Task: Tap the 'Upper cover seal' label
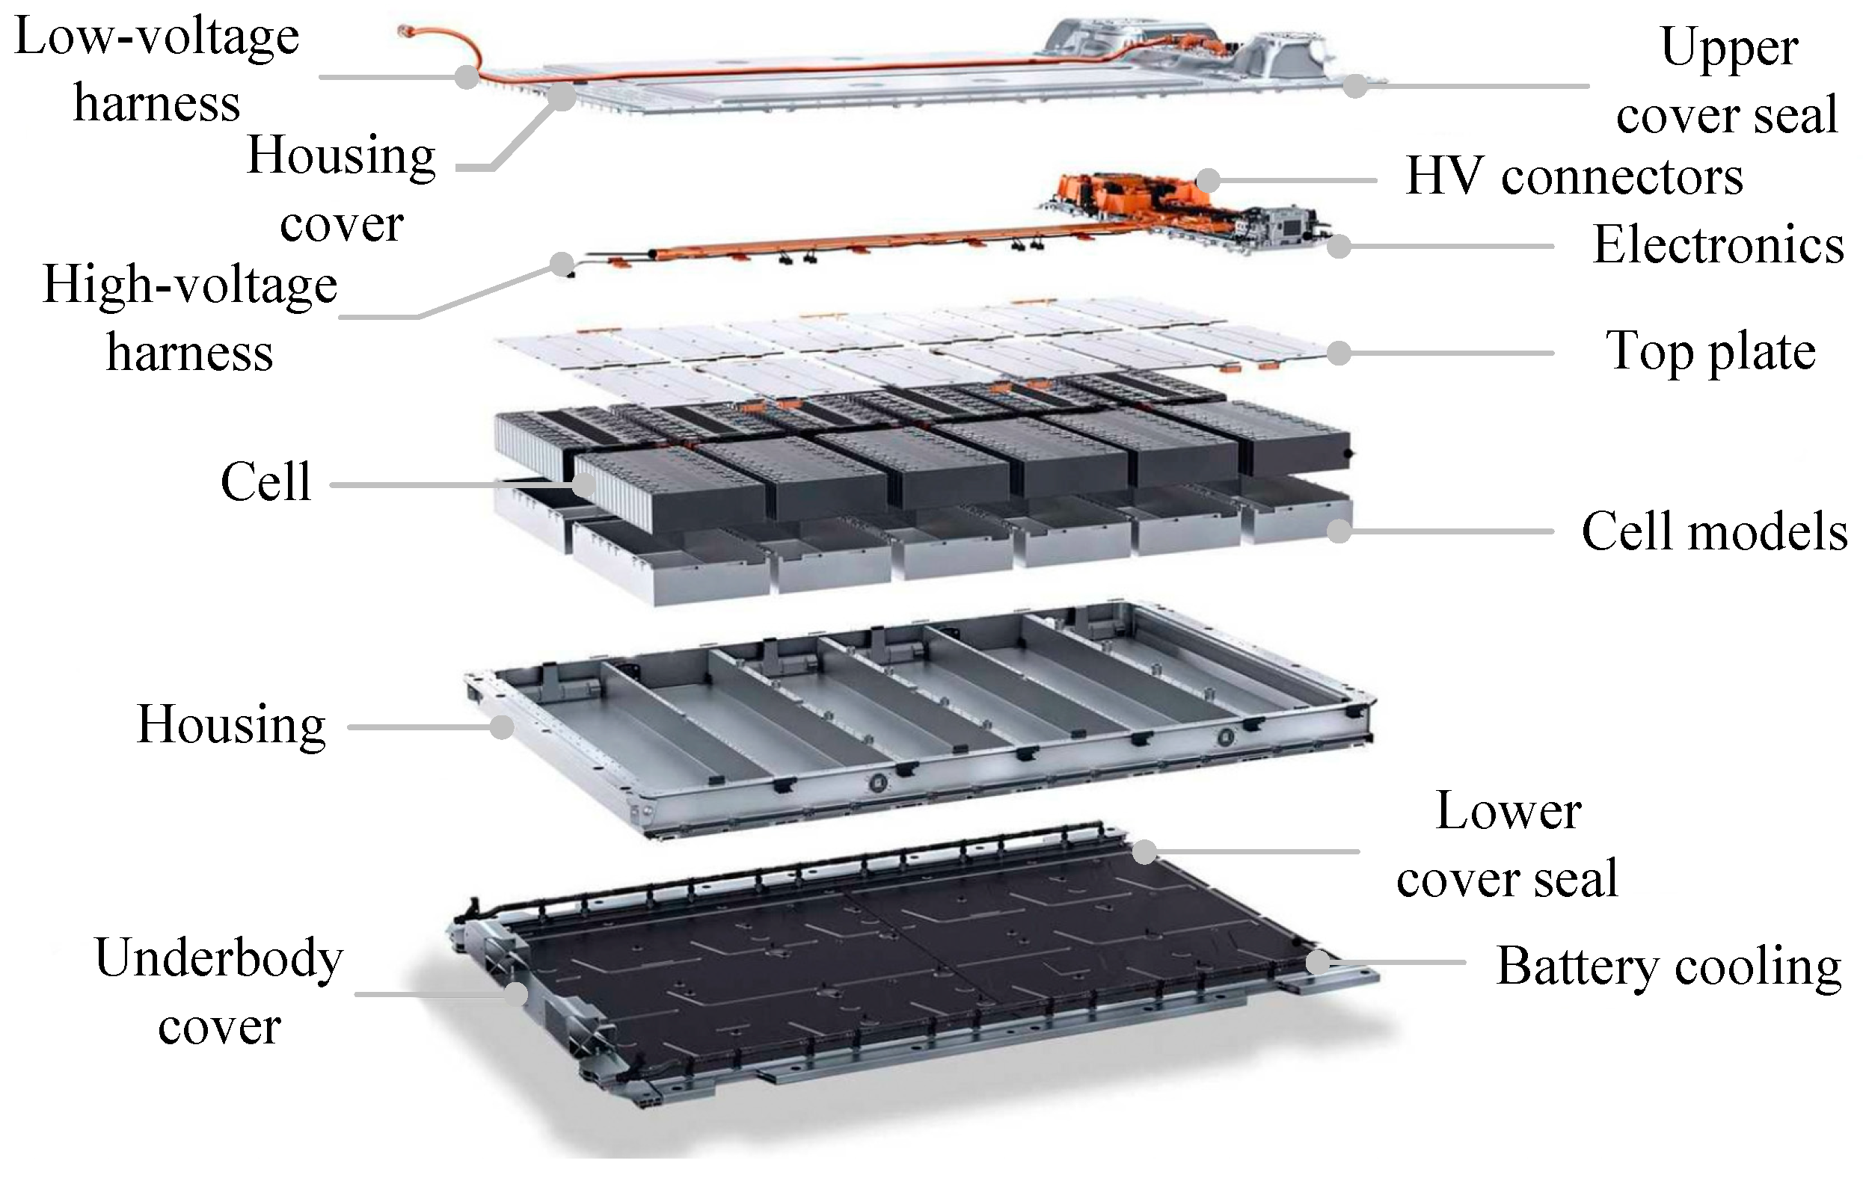click(1727, 81)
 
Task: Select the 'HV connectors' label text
click(1574, 178)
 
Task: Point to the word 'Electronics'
click(1719, 245)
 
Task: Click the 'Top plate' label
click(1710, 352)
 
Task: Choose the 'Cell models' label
click(1714, 531)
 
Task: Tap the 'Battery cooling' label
click(1669, 966)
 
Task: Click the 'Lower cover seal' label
click(1508, 845)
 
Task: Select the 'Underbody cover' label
click(219, 991)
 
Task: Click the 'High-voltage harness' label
click(189, 318)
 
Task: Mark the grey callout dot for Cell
click(584, 486)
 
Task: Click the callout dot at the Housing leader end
click(503, 727)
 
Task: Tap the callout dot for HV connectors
click(1209, 180)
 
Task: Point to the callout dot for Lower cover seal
click(1145, 852)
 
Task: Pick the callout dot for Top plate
click(1339, 353)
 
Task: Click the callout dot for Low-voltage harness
click(467, 77)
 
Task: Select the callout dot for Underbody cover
click(516, 993)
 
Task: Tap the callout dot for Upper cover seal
click(1355, 86)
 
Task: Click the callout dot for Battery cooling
click(1319, 963)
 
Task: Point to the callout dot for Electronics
click(1339, 247)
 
